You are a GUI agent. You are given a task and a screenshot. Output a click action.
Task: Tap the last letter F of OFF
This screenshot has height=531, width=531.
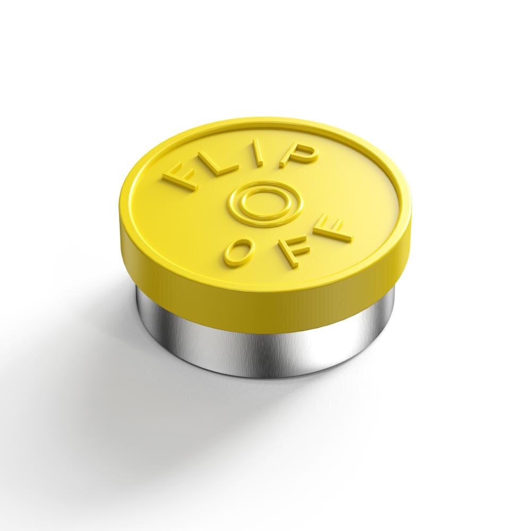pyautogui.click(x=331, y=229)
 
